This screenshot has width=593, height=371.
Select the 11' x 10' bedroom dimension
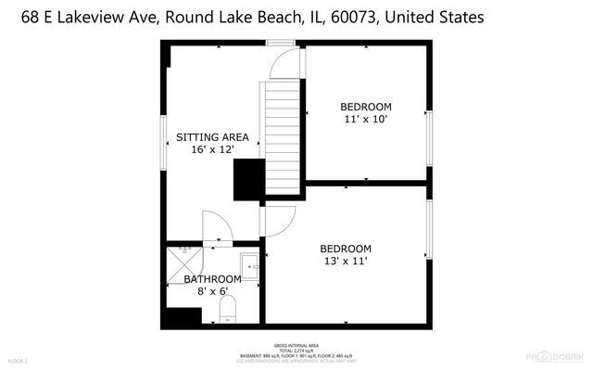click(x=366, y=119)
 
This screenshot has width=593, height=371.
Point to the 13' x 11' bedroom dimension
click(x=346, y=262)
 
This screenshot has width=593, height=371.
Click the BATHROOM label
click(x=212, y=279)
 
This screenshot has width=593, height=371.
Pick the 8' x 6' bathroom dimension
click(x=212, y=291)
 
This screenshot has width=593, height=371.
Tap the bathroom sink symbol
click(x=249, y=266)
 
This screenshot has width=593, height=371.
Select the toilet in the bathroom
click(x=228, y=310)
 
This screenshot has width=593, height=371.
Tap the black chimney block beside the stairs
click(x=248, y=179)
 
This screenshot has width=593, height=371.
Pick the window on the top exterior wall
click(x=279, y=43)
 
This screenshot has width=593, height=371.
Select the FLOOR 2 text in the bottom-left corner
click(x=19, y=360)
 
